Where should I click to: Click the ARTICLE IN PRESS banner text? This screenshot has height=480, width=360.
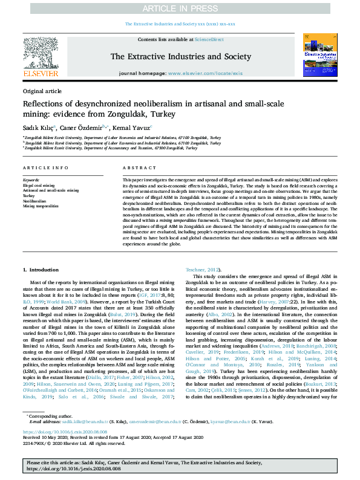(180, 8)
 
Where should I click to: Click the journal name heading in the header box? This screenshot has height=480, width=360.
(180, 56)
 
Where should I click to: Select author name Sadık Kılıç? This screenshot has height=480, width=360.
(38, 128)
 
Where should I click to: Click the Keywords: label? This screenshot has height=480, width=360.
(31, 180)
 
